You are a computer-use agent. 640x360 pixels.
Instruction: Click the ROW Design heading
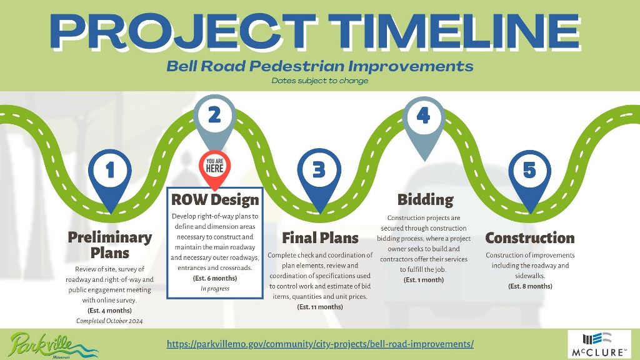pyautogui.click(x=215, y=199)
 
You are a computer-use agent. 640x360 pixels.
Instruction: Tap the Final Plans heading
pyautogui.click(x=321, y=237)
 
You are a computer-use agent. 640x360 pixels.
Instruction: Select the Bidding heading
pyautogui.click(x=425, y=199)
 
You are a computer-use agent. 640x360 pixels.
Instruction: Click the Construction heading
pyautogui.click(x=530, y=237)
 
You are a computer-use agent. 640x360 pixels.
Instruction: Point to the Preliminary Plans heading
pyautogui.click(x=110, y=244)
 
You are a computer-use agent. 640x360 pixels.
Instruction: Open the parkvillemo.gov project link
pyautogui.click(x=320, y=344)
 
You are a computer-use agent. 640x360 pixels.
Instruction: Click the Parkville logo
pyautogui.click(x=53, y=345)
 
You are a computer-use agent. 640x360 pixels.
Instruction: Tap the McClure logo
pyautogui.click(x=599, y=345)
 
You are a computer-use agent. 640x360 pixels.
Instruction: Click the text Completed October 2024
pyautogui.click(x=109, y=321)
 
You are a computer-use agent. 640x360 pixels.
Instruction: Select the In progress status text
pyautogui.click(x=215, y=289)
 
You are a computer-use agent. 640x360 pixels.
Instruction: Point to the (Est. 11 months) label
pyautogui.click(x=320, y=306)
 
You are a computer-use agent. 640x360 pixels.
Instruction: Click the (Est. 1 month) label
pyautogui.click(x=424, y=279)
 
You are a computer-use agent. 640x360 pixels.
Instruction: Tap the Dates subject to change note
pyautogui.click(x=320, y=81)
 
